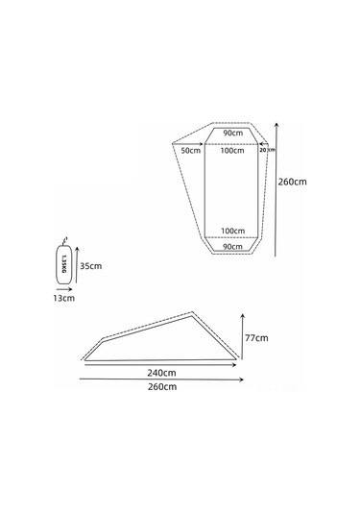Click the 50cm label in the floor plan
[191, 151]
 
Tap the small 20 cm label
[267, 150]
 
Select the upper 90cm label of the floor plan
[233, 133]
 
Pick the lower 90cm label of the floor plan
[232, 247]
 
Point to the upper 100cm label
[232, 151]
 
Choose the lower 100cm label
[232, 231]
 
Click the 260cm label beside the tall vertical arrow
[293, 182]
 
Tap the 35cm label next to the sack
[91, 266]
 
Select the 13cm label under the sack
[64, 298]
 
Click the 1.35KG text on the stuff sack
[64, 264]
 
